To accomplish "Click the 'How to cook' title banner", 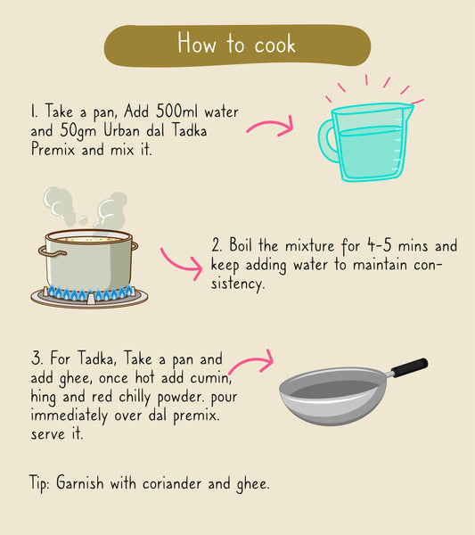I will [236, 44].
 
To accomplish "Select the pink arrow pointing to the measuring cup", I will [269, 128].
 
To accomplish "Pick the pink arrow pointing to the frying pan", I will [251, 364].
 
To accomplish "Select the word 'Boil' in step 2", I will [246, 244].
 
